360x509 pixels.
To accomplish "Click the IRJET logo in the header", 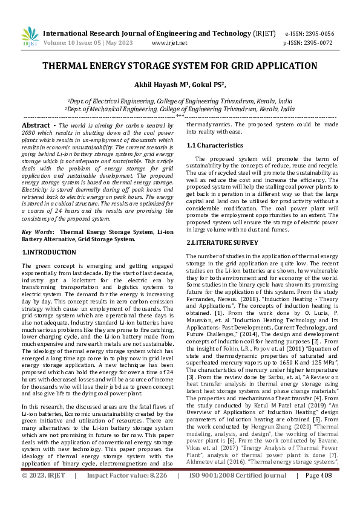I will (x=30, y=37).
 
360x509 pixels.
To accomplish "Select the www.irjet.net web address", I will (x=169, y=43).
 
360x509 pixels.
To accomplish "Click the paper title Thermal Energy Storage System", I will (x=180, y=66).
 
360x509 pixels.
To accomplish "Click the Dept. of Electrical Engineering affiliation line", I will (x=180, y=102).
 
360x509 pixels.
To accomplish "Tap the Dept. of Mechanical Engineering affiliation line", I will (x=180, y=109).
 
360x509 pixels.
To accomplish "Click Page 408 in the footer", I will (x=318, y=493).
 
